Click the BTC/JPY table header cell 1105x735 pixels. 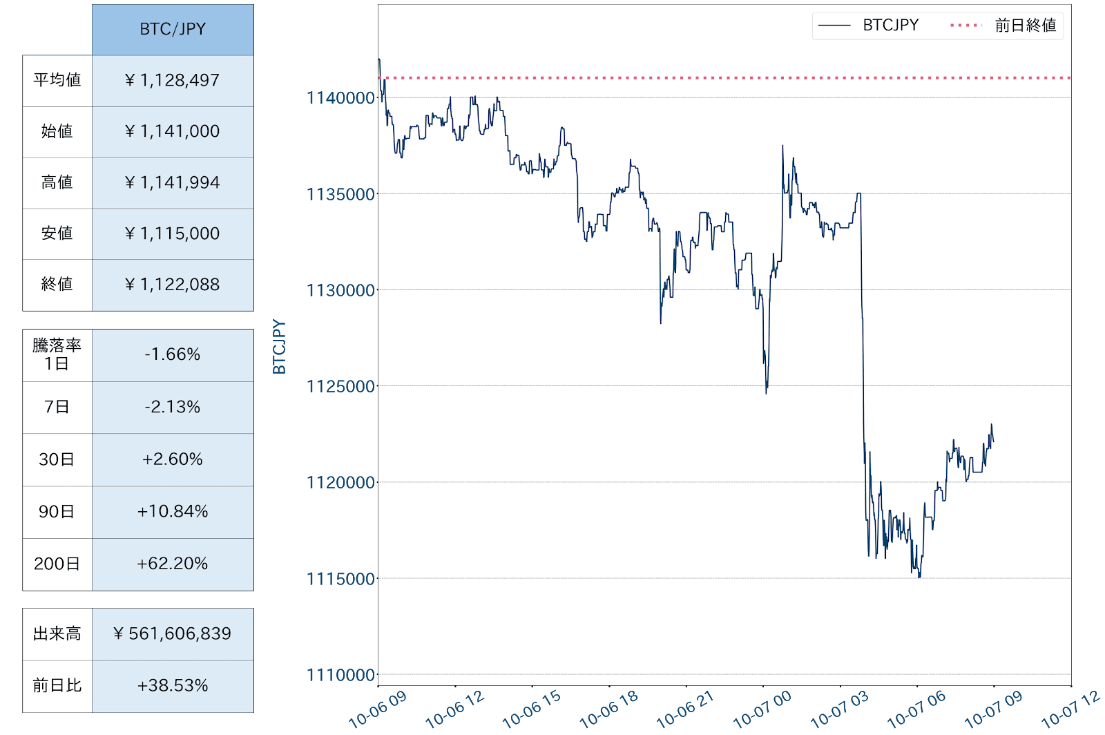coord(173,29)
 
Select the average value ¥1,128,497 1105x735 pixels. coord(173,81)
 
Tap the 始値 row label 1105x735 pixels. coord(57,131)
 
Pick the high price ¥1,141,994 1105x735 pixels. coord(173,182)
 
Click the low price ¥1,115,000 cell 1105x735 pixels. coord(173,233)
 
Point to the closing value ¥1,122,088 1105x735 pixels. coord(173,285)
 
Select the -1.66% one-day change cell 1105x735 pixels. coord(173,354)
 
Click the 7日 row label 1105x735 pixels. coord(57,407)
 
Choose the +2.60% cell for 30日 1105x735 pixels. coord(173,459)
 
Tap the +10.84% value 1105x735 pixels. coord(173,511)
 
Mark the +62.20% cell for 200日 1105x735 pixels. coord(173,564)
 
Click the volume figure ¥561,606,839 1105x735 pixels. coord(173,633)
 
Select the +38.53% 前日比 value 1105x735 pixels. coord(173,685)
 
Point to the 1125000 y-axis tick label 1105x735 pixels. coord(341,386)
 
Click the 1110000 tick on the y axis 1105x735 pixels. coord(341,675)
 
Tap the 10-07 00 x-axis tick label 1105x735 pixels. coord(762,710)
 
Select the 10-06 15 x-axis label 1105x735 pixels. coord(531,710)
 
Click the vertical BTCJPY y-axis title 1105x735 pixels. coord(279,347)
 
